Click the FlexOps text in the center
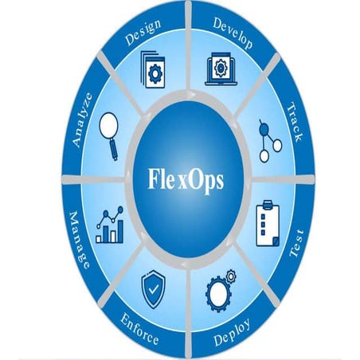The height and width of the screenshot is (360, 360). click(186, 180)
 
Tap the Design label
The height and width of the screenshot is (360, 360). click(143, 33)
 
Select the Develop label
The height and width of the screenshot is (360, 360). click(233, 33)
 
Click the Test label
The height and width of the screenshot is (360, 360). click(296, 244)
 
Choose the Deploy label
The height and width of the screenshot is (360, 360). click(232, 332)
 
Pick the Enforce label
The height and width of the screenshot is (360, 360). click(139, 329)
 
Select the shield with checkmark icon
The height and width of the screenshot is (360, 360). click(154, 289)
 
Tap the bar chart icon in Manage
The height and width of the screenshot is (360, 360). click(110, 225)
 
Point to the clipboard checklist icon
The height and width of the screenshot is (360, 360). click(268, 224)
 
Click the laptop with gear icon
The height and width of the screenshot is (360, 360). click(221, 69)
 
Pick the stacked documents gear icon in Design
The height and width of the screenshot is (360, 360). click(153, 69)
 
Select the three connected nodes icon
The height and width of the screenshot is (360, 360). click(270, 141)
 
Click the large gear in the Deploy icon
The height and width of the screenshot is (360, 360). click(217, 294)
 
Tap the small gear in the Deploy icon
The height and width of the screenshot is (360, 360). click(231, 276)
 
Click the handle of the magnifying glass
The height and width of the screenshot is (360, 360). click(114, 150)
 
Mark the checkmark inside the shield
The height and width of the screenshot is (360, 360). click(154, 289)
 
